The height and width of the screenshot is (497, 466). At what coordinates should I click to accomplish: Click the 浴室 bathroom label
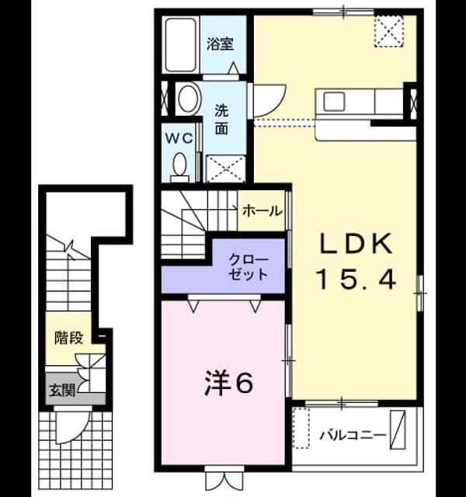click(x=220, y=44)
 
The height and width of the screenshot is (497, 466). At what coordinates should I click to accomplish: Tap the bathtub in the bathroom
click(x=181, y=45)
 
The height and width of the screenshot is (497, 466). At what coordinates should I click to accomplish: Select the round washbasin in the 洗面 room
click(x=190, y=99)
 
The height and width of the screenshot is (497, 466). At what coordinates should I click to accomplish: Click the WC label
click(x=179, y=138)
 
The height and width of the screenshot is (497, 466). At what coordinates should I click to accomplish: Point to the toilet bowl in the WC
click(x=179, y=164)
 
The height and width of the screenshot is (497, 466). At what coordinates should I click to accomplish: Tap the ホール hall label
click(x=263, y=210)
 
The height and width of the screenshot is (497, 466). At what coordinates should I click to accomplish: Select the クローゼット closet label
click(x=249, y=267)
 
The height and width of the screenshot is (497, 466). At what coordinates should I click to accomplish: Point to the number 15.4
click(x=357, y=280)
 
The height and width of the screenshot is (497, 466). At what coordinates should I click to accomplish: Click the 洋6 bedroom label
click(x=228, y=383)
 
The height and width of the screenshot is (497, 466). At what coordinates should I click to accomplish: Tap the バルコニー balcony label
click(x=352, y=435)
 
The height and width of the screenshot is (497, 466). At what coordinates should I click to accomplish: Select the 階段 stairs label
click(x=69, y=338)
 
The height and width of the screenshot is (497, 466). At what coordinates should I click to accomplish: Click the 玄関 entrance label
click(x=62, y=391)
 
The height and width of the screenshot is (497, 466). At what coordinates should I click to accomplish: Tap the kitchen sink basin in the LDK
click(x=333, y=102)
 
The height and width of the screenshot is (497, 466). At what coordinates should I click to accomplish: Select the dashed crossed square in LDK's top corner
click(x=389, y=31)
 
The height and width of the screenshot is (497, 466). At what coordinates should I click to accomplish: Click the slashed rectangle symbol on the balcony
click(x=398, y=429)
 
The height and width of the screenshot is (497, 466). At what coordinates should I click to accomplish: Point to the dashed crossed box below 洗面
click(x=226, y=169)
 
